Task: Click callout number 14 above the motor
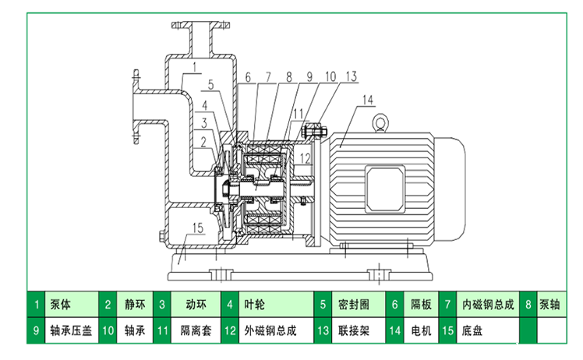[x=368, y=99]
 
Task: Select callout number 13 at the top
[x=352, y=76]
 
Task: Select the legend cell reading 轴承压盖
[x=71, y=330]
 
